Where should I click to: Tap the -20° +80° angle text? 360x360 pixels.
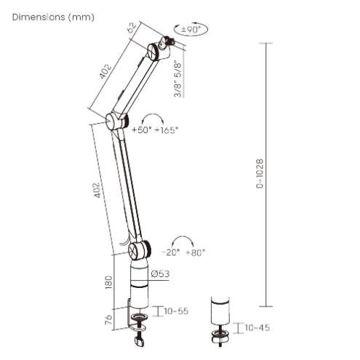pos(183,252)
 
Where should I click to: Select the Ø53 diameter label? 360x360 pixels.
pos(161,273)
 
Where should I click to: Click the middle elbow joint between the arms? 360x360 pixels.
pos(114,121)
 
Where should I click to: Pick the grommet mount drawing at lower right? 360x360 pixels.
pos(217,320)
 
